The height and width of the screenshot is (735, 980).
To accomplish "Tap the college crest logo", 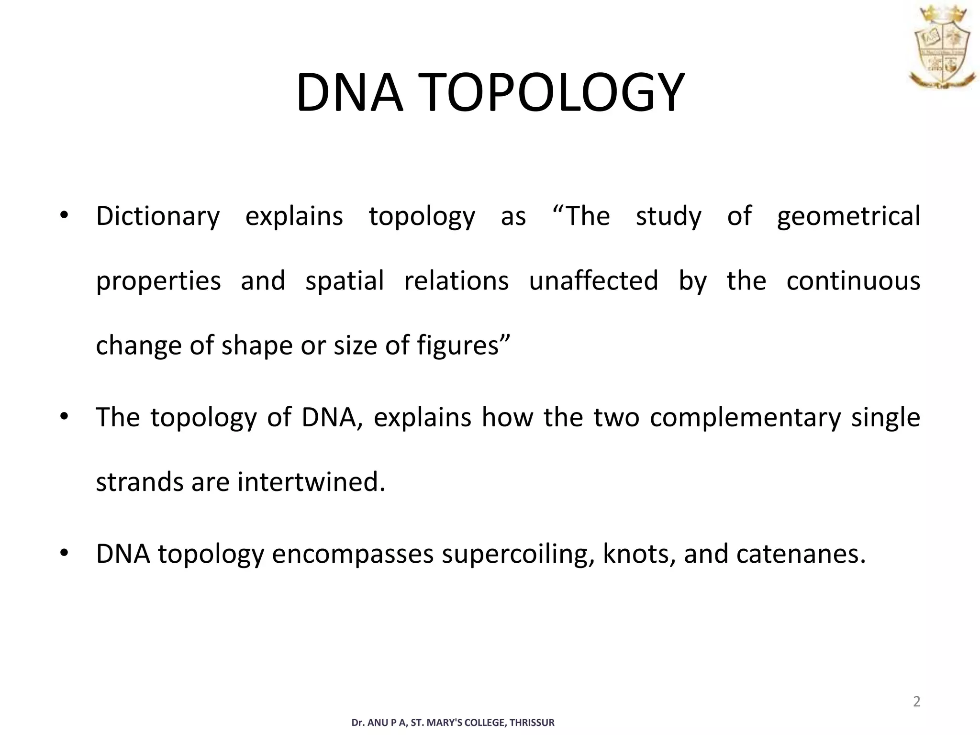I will click(941, 47).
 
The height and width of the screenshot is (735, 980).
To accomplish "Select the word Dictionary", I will click(158, 216).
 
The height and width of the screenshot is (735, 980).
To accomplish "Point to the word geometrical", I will click(848, 216).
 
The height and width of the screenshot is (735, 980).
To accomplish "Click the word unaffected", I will click(593, 281).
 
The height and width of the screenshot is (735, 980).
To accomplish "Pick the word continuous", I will click(853, 281).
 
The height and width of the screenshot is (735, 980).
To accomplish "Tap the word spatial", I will click(345, 281).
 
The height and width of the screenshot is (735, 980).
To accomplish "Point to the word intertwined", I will click(311, 482).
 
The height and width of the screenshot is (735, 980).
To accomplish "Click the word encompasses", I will click(353, 554).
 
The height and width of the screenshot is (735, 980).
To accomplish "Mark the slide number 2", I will click(916, 702).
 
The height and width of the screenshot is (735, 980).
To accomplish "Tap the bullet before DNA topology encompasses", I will click(64, 553).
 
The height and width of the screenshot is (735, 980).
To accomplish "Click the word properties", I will click(158, 281).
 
